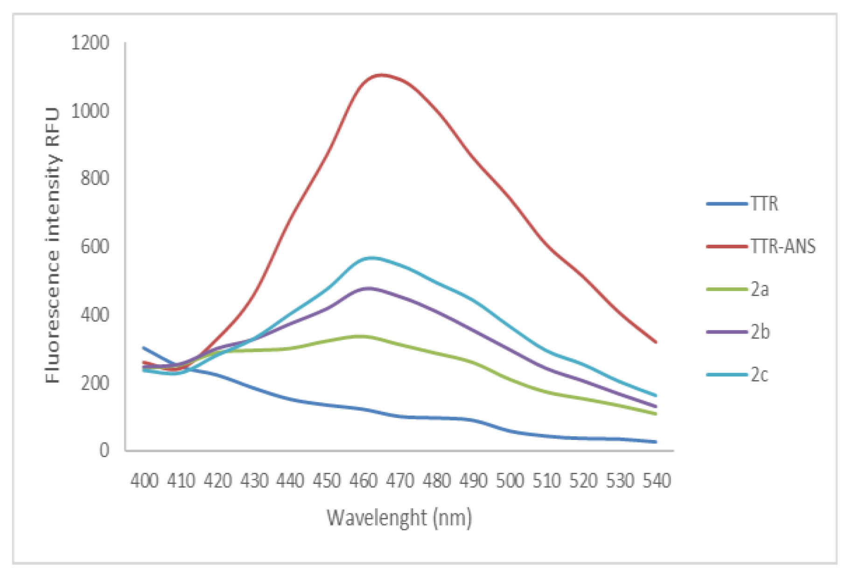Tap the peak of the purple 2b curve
[369, 288]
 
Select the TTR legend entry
[764, 204]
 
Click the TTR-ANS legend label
[783, 246]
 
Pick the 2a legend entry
[759, 290]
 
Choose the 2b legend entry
[760, 332]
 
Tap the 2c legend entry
[759, 375]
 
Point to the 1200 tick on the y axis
[90, 43]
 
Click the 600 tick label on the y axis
[95, 247]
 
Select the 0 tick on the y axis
[104, 450]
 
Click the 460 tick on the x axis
[364, 480]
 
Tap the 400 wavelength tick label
[144, 480]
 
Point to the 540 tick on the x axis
[657, 480]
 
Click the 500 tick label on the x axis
[510, 480]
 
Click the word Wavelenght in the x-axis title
[377, 517]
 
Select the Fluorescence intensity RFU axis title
[53, 245]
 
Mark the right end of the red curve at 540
[656, 342]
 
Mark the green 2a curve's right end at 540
[656, 414]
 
